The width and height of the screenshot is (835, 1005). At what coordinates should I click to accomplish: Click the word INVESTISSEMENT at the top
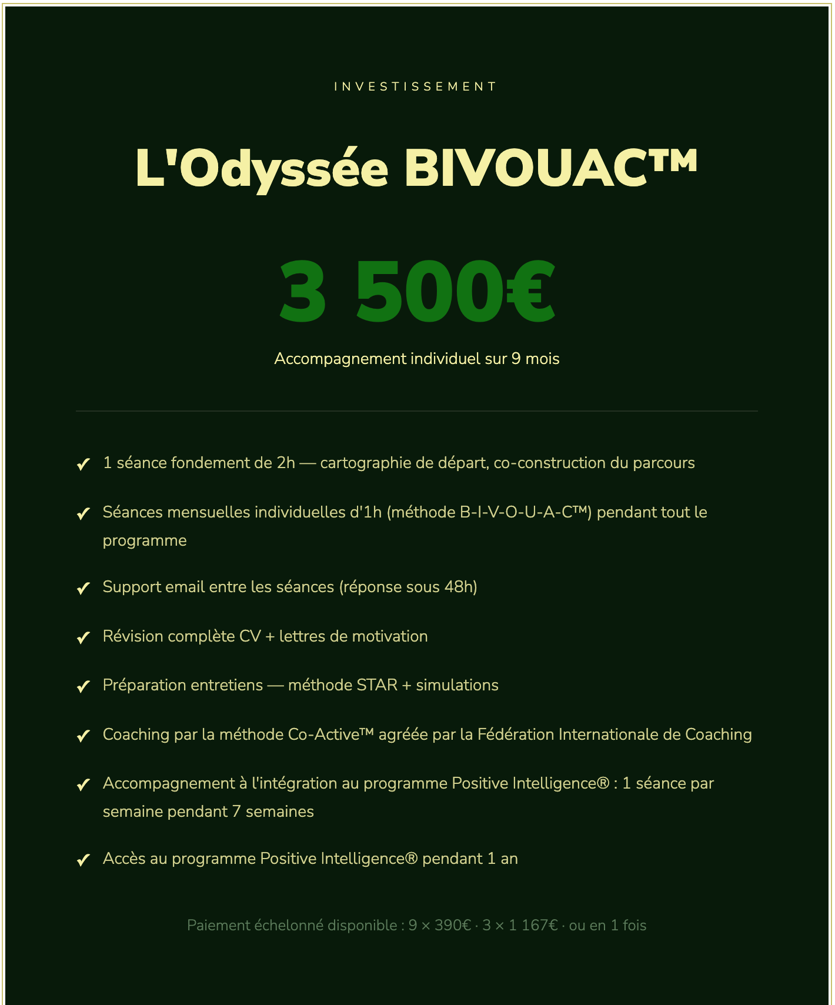pyautogui.click(x=415, y=86)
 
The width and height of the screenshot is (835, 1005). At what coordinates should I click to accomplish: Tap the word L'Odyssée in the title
pyautogui.click(x=262, y=168)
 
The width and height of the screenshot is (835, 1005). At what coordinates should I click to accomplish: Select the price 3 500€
pyautogui.click(x=417, y=292)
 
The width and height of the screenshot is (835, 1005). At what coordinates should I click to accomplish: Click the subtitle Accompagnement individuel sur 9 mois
pyautogui.click(x=416, y=359)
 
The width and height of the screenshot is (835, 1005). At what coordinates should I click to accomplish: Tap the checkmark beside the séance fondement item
pyautogui.click(x=83, y=464)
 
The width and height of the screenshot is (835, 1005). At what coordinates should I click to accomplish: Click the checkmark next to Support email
pyautogui.click(x=83, y=588)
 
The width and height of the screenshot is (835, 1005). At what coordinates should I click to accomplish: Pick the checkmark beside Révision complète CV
pyautogui.click(x=83, y=637)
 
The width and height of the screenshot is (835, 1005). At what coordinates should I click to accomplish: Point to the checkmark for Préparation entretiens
pyautogui.click(x=83, y=686)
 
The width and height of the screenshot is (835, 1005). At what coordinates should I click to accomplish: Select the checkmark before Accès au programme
pyautogui.click(x=83, y=860)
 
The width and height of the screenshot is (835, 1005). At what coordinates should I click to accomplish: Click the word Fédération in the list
pyautogui.click(x=515, y=734)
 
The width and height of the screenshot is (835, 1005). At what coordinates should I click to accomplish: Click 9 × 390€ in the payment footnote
pyautogui.click(x=439, y=926)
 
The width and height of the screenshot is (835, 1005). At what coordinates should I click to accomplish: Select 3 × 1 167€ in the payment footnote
pyautogui.click(x=520, y=926)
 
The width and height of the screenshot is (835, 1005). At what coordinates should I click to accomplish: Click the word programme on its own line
pyautogui.click(x=145, y=540)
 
